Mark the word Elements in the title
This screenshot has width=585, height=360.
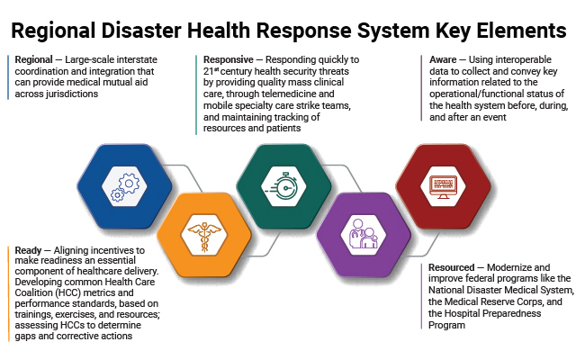click(x=523, y=31)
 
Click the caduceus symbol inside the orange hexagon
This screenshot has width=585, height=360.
click(x=200, y=237)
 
